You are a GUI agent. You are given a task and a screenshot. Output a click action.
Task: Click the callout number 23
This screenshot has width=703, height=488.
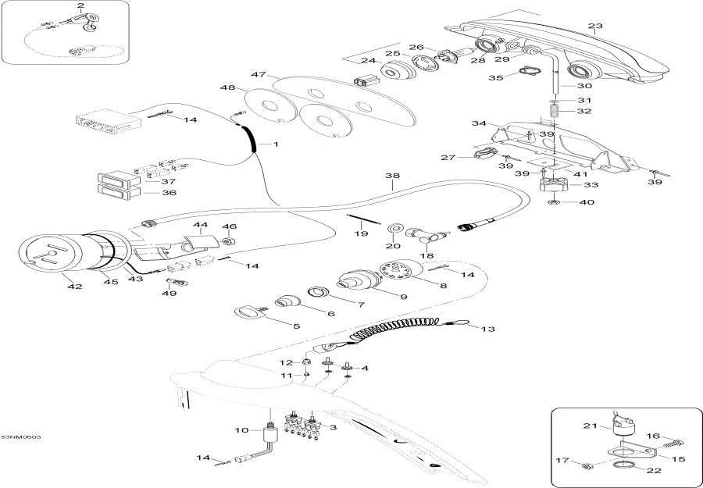pos(595,27)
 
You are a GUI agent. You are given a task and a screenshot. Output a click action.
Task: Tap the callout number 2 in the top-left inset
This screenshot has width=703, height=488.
pos(80,6)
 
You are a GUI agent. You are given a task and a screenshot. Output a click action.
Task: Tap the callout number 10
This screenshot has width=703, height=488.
pos(242,429)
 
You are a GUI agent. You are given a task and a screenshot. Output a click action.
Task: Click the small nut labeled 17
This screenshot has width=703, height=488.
pos(587,466)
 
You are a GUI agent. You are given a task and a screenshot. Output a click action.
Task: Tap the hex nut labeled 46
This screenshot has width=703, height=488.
pos(229,241)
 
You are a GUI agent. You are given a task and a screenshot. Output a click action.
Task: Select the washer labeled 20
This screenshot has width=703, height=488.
pos(394,228)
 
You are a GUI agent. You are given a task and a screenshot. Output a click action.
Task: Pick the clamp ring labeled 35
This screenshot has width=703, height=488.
pos(528,75)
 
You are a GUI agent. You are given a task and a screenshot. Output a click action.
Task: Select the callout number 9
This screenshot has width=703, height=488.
pos(382,297)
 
